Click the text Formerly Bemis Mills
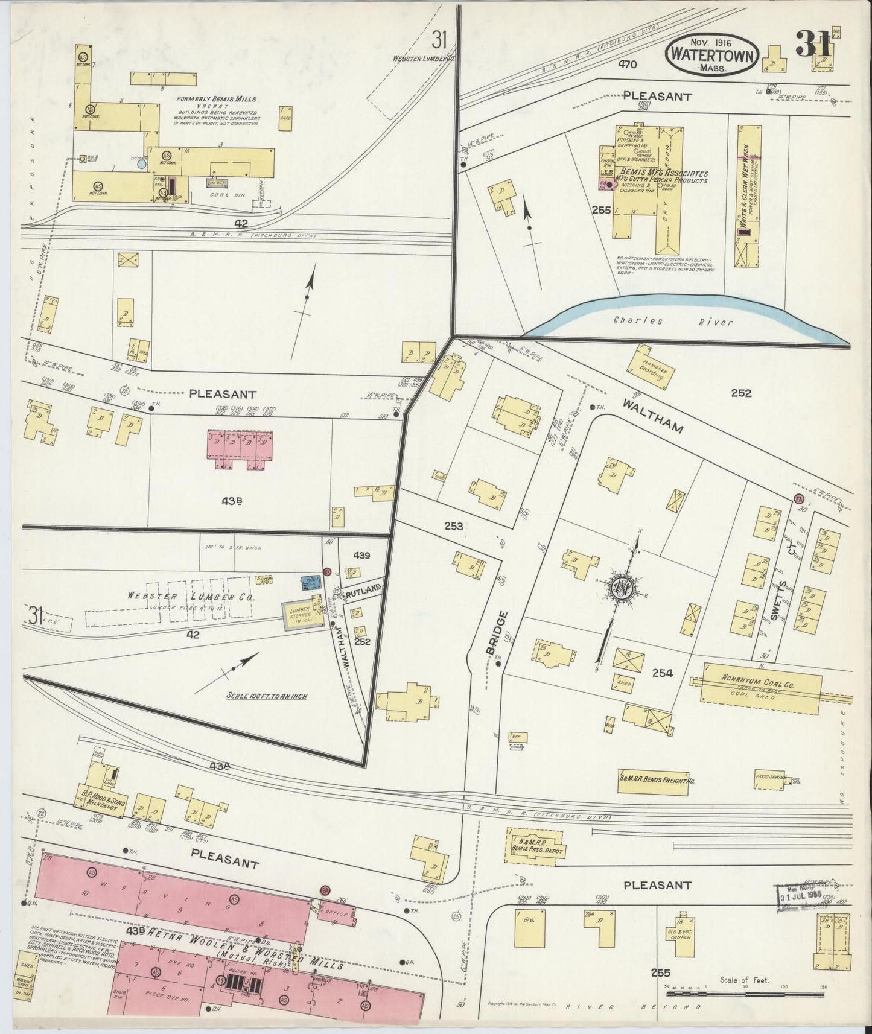(x=217, y=99)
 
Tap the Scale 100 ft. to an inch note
(x=266, y=696)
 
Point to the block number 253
(x=454, y=526)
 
